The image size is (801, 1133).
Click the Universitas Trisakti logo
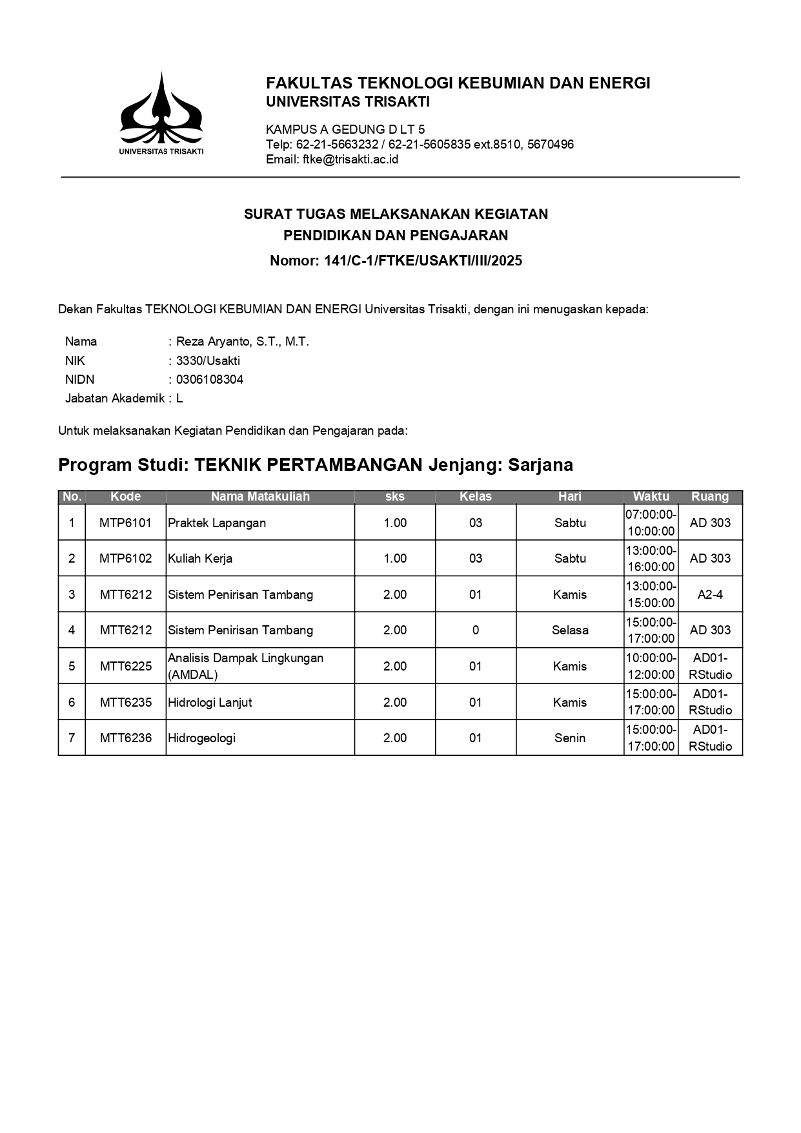click(x=161, y=112)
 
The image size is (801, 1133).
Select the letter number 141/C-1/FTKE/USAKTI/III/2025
click(x=423, y=261)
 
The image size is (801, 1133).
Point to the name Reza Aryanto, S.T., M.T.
click(x=243, y=342)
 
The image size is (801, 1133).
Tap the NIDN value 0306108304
click(x=210, y=380)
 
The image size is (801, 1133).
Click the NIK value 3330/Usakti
click(x=208, y=361)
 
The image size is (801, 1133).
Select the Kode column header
click(x=125, y=497)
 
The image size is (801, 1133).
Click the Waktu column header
click(x=651, y=497)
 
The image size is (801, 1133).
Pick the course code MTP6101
click(x=125, y=523)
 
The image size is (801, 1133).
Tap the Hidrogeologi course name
click(x=201, y=738)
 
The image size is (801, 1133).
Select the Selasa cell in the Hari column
click(x=570, y=630)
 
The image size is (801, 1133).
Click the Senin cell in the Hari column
click(x=570, y=738)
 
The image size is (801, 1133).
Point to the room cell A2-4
click(x=710, y=594)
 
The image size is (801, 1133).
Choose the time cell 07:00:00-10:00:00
click(x=651, y=523)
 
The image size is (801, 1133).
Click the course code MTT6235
click(x=125, y=702)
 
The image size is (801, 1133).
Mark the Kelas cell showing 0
click(x=476, y=630)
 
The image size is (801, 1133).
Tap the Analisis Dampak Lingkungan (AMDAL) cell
click(x=245, y=666)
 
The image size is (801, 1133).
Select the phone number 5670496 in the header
click(x=551, y=145)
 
